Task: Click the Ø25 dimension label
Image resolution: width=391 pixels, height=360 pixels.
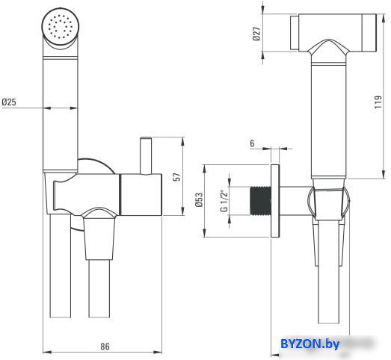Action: coord(9,102)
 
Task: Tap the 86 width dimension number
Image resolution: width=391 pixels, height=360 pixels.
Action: coord(105,347)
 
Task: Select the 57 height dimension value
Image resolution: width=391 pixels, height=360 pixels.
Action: coord(176,177)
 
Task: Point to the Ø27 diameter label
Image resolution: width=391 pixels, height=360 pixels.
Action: coord(256,34)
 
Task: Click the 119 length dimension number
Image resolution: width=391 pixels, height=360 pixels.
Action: coord(378,102)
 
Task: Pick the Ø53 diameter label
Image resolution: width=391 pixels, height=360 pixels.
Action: coord(200,200)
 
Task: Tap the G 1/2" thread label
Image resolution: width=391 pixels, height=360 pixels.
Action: coord(224,201)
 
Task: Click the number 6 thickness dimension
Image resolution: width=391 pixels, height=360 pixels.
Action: coord(252,143)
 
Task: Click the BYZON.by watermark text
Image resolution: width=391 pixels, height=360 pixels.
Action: coord(310,344)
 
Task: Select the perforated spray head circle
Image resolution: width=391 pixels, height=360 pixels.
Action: coord(61,26)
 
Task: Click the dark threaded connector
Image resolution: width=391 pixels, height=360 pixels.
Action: coord(260,201)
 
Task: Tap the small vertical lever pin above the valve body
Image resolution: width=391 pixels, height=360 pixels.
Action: coord(146,155)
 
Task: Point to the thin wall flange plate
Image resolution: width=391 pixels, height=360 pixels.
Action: coord(275,201)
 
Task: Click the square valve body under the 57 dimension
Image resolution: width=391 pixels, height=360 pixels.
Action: coord(141,194)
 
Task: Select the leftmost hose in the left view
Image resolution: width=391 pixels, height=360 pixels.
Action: coord(61,266)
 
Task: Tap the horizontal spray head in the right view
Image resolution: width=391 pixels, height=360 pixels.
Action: coord(333,33)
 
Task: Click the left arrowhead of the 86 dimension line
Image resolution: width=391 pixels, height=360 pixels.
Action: coord(47,353)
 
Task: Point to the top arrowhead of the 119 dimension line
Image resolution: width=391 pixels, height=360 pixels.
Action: coord(384,18)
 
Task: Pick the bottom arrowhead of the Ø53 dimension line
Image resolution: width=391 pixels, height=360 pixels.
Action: coord(205,233)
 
